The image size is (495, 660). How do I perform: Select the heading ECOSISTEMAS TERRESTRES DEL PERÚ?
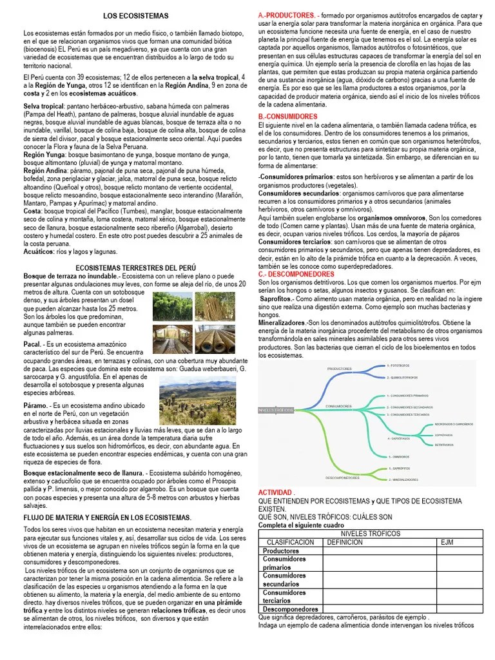(x=136, y=267)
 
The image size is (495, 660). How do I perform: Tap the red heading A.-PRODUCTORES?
(x=287, y=14)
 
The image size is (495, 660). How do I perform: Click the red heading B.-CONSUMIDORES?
(x=287, y=117)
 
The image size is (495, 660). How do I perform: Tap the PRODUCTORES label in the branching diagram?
(x=340, y=368)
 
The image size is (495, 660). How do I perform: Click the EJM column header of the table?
(x=447, y=543)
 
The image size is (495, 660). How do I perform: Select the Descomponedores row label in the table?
(x=291, y=608)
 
